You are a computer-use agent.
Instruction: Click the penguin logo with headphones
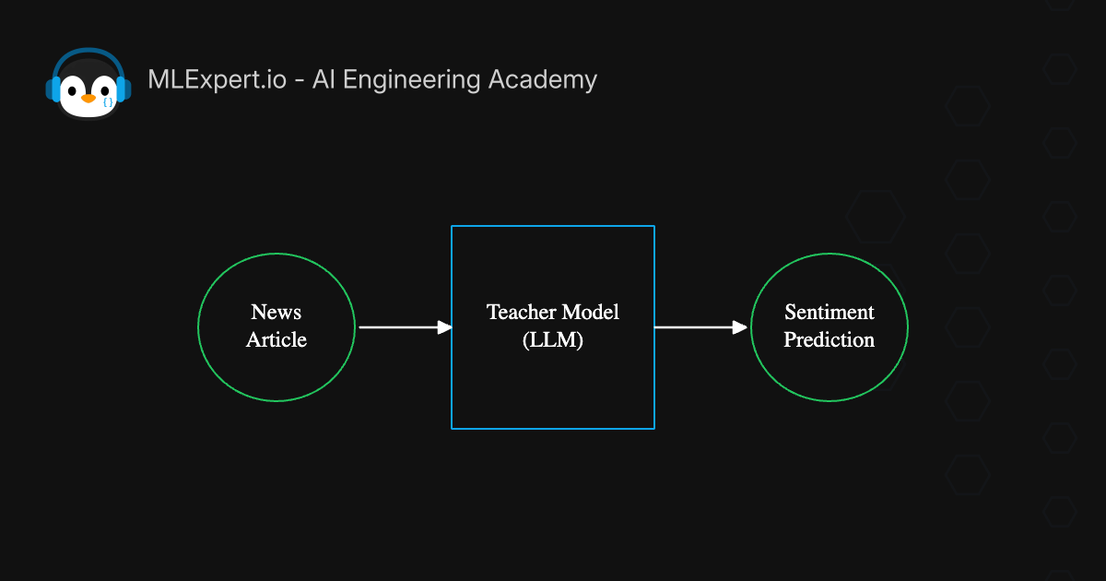tap(88, 84)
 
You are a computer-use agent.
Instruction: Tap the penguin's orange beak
tap(88, 98)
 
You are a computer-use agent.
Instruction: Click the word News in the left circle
tap(276, 312)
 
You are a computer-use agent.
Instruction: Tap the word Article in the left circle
tap(276, 340)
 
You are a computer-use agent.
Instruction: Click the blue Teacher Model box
tap(553, 387)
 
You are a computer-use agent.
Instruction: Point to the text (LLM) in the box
tap(553, 340)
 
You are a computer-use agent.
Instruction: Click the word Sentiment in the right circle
tap(829, 312)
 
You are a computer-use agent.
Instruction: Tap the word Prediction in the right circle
tap(829, 340)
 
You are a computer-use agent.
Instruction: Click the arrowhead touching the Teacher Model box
tap(444, 327)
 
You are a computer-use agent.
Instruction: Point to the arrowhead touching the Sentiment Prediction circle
tap(739, 327)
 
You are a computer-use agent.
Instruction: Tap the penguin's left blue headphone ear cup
tap(53, 89)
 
